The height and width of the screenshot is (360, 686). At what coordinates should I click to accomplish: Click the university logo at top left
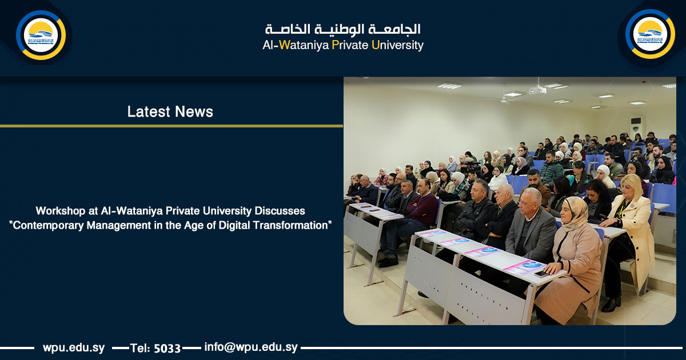pos(41,35)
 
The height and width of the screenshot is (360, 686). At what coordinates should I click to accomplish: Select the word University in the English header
pos(397,46)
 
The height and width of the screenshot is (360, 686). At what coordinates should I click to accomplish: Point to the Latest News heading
pos(170,112)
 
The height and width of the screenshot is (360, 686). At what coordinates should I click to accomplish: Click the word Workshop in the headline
pos(57,211)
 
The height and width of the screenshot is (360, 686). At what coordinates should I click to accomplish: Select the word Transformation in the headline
pos(298,225)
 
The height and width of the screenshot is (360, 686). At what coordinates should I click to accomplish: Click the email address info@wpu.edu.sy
pos(251,347)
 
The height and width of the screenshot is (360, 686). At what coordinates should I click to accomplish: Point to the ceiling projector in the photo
pos(537,90)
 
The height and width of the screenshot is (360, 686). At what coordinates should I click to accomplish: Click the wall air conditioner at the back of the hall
pos(636,126)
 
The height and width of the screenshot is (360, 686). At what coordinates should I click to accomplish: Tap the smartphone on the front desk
pos(541,274)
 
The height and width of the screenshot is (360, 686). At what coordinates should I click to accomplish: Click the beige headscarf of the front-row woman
pos(575,211)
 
